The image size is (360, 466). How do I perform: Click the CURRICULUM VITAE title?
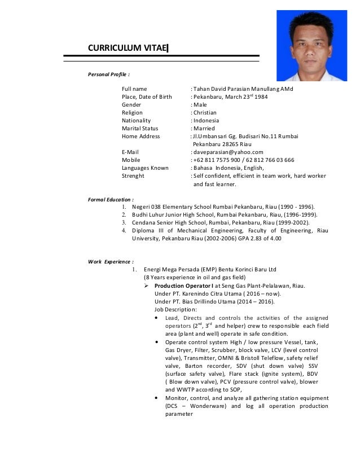[128, 47]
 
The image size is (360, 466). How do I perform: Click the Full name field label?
[134, 89]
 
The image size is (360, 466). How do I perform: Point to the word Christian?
[205, 112]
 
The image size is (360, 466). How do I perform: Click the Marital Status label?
[140, 128]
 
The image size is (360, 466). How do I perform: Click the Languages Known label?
[145, 168]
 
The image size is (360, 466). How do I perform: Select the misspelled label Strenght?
[133, 175]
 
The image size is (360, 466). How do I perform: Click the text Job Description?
[175, 309]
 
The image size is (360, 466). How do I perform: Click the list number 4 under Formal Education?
[124, 231]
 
